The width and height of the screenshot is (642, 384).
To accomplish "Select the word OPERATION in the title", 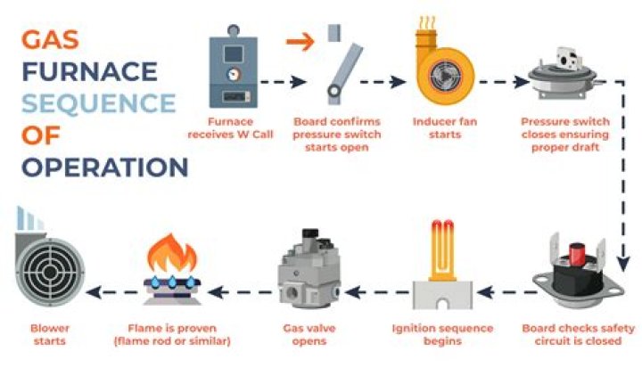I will (105, 167).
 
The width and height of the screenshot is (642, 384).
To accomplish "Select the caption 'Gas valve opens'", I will (309, 334).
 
